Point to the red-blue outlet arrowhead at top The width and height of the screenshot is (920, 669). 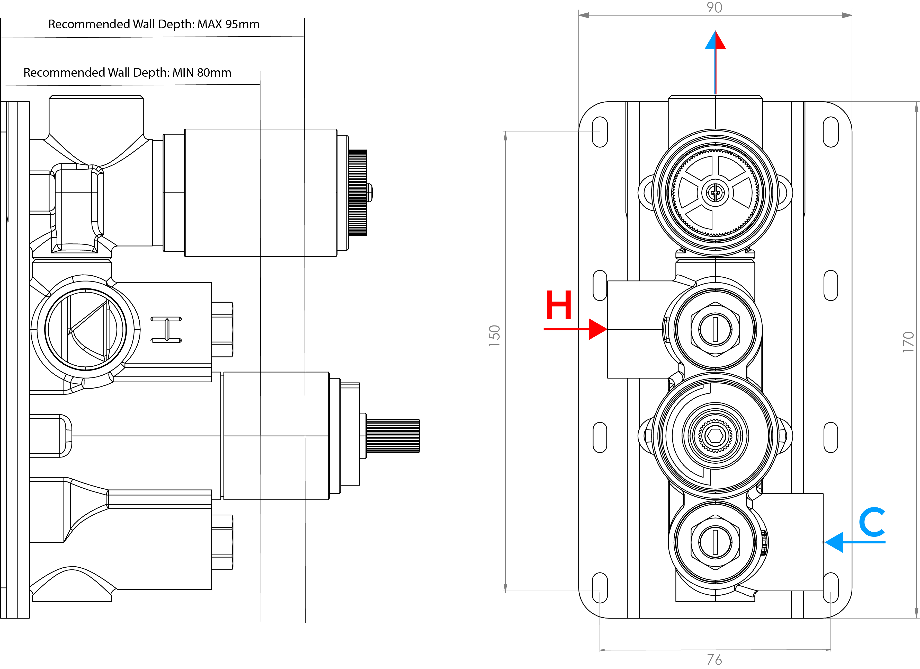pyautogui.click(x=715, y=41)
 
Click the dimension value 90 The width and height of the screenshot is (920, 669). pyautogui.click(x=714, y=7)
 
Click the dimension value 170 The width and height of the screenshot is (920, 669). pyautogui.click(x=908, y=342)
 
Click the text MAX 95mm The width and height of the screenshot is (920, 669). pyautogui.click(x=228, y=24)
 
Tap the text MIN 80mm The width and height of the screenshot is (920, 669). pyautogui.click(x=202, y=73)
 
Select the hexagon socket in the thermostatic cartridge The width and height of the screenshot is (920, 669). pyautogui.click(x=715, y=436)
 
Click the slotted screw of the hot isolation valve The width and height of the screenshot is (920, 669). pyautogui.click(x=715, y=329)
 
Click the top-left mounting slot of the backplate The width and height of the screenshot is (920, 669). pyautogui.click(x=600, y=132)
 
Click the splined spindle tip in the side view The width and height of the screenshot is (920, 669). pyautogui.click(x=393, y=436)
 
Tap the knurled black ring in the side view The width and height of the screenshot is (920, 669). pyautogui.click(x=357, y=193)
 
